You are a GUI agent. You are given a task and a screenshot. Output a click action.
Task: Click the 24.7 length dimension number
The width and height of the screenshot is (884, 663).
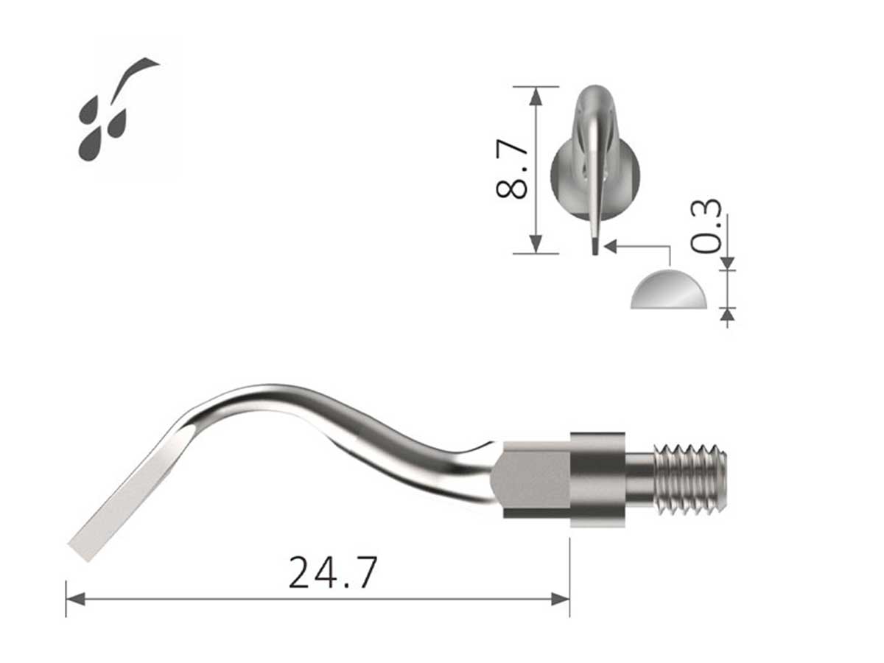point(332,572)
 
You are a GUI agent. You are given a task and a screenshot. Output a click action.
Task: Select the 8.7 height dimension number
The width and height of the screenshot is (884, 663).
point(513,169)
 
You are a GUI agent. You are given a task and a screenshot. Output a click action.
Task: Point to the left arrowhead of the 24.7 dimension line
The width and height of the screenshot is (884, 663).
point(74,599)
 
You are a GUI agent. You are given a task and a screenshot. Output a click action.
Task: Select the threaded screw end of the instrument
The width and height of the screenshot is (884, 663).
point(691,478)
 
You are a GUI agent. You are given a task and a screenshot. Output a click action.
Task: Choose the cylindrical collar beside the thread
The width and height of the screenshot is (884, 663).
point(597,480)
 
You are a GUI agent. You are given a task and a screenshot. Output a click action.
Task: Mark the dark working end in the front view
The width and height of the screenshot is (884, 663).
point(593,245)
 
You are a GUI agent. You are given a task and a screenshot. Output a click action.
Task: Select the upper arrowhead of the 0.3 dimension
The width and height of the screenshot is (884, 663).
point(728,262)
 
